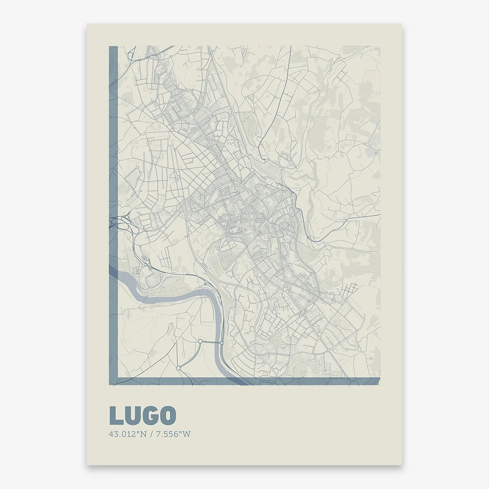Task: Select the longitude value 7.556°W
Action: [x=171, y=435]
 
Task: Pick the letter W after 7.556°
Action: [x=187, y=435]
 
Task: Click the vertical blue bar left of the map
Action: [x=113, y=191]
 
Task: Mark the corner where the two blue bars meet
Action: [x=113, y=381]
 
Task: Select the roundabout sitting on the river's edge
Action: [x=222, y=343]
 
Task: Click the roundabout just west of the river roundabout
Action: [x=201, y=341]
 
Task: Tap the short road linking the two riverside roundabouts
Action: [x=211, y=342]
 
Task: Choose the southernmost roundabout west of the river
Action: [x=178, y=368]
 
